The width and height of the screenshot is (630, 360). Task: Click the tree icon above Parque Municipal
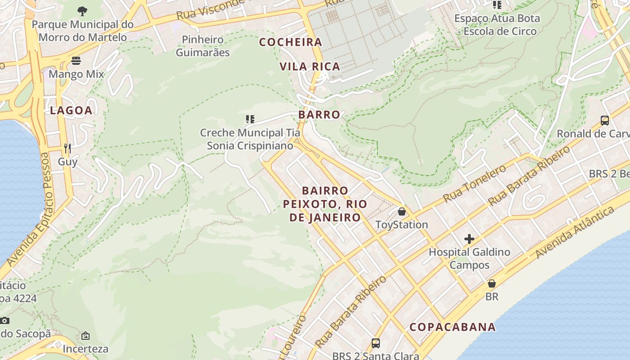(x=82, y=11)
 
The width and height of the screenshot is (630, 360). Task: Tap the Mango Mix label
(x=76, y=74)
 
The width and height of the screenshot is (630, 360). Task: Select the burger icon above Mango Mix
(x=76, y=61)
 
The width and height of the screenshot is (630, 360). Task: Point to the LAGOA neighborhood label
(x=71, y=110)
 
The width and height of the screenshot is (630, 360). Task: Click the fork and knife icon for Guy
(x=67, y=148)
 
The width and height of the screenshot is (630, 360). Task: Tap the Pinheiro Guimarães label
(x=202, y=46)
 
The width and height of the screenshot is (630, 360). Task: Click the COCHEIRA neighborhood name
(x=291, y=42)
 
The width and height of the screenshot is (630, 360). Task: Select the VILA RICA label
(x=310, y=67)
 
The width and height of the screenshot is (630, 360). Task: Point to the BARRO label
(x=319, y=115)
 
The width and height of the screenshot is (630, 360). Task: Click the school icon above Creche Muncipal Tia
(x=250, y=119)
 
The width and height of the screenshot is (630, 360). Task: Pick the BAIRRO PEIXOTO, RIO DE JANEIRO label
(x=325, y=204)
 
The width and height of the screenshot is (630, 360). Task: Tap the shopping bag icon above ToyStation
(x=402, y=211)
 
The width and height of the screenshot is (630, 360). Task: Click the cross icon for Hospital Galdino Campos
(x=469, y=239)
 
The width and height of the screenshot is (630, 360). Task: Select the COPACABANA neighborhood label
(x=453, y=327)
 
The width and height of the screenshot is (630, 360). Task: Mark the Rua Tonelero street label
(x=474, y=184)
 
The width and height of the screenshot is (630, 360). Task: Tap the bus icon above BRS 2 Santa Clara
(x=376, y=343)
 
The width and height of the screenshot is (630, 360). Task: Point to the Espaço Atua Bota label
(x=497, y=19)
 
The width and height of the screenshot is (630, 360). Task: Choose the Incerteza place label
(x=85, y=349)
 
